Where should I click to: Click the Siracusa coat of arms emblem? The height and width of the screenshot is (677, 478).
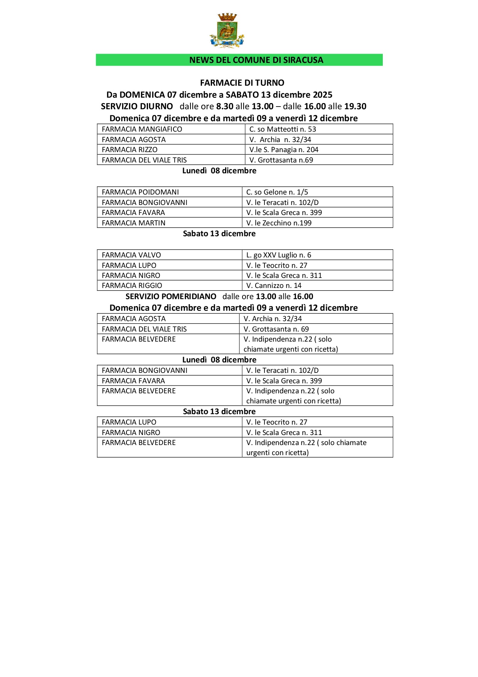click(x=227, y=30)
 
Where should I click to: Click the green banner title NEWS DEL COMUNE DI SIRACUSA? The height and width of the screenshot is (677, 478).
click(x=256, y=60)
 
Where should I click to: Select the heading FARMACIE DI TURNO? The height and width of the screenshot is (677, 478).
click(x=242, y=83)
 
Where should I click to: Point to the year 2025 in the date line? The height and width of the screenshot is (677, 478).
click(x=323, y=95)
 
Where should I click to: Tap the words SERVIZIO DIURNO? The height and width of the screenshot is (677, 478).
click(x=137, y=107)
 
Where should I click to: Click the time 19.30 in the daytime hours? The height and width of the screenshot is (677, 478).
click(x=355, y=107)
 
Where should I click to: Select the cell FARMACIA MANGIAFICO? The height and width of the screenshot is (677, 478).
click(x=142, y=129)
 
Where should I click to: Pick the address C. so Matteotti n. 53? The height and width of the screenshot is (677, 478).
click(x=283, y=129)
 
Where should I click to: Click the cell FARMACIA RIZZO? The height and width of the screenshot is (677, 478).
click(x=130, y=150)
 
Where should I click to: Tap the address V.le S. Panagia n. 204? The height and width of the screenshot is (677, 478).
click(x=284, y=150)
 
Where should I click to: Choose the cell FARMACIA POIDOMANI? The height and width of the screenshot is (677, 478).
click(x=140, y=192)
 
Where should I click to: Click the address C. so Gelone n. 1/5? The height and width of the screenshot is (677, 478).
click(x=277, y=192)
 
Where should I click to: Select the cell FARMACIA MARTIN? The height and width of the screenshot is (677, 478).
click(x=133, y=223)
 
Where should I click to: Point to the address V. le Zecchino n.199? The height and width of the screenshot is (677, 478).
click(x=279, y=223)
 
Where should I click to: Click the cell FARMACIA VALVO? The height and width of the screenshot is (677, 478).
click(x=131, y=255)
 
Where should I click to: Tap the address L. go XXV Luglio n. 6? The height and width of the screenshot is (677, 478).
click(x=279, y=255)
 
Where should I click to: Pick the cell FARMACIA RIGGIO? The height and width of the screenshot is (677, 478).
click(x=132, y=286)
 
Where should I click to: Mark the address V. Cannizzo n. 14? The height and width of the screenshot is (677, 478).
click(x=274, y=286)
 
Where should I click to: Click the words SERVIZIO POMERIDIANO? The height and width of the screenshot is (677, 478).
click(x=171, y=297)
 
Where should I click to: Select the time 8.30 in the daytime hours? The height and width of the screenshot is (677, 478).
click(x=225, y=107)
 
